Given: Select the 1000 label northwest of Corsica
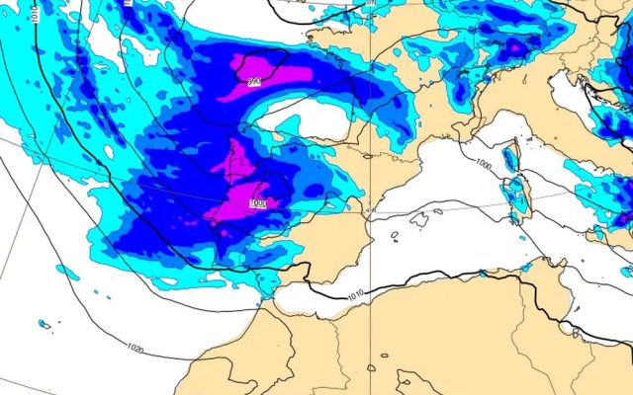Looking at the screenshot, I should pos(484,164).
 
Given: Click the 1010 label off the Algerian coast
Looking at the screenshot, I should pos(356,293).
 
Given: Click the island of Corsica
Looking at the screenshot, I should pos(511,158).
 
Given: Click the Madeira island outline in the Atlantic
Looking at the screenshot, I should pos(44,324).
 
